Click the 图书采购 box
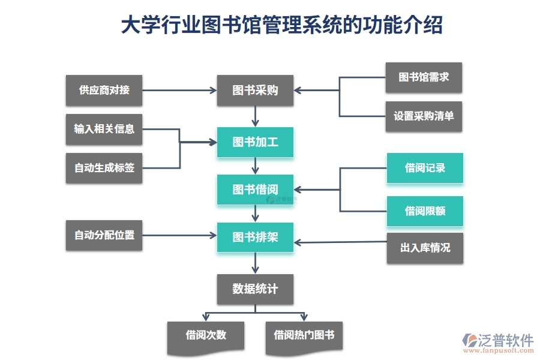(255, 91)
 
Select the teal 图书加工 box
(255, 142)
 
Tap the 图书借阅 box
(255, 190)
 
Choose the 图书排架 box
(255, 237)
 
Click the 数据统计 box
(255, 289)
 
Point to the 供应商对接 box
(104, 91)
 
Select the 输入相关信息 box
(104, 129)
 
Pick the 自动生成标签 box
(104, 168)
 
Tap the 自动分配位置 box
(104, 235)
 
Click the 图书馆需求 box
(424, 77)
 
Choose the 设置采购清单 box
(424, 116)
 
